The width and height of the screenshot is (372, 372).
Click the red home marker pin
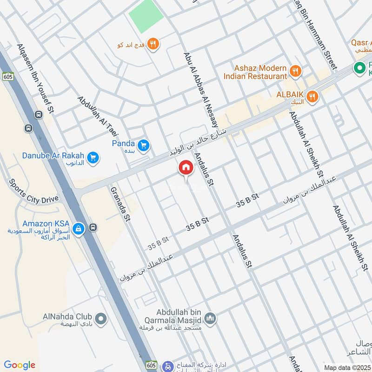(186, 168)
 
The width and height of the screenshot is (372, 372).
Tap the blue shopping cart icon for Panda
(143, 145)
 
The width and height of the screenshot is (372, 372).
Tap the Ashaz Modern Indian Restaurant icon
(295, 71)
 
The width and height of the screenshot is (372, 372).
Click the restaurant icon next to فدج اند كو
(153, 44)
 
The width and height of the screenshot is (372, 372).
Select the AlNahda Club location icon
(101, 319)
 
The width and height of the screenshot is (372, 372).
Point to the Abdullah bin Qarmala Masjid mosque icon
(210, 318)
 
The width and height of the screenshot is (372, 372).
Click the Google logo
(20, 365)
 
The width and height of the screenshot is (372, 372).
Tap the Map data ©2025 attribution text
(347, 367)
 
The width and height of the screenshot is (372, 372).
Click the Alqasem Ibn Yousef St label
(35, 79)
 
